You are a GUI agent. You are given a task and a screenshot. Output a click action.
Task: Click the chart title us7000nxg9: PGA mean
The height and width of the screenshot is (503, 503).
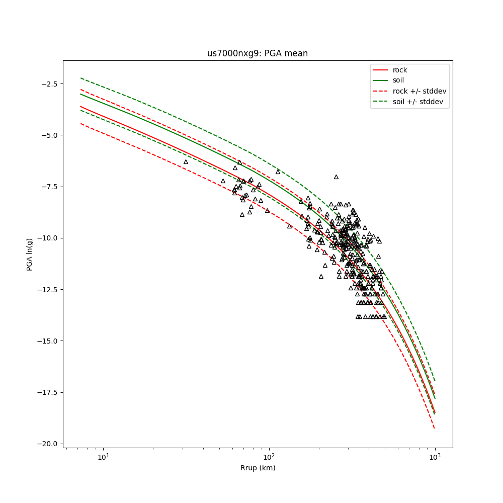pyautogui.click(x=258, y=53)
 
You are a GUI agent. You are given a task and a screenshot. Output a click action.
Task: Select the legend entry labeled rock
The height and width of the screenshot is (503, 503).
pyautogui.click(x=400, y=70)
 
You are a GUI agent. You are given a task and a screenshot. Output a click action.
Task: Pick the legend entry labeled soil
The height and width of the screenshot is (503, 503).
pyautogui.click(x=398, y=80)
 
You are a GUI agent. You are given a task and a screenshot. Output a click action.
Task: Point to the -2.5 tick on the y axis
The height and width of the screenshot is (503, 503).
pyautogui.click(x=50, y=83)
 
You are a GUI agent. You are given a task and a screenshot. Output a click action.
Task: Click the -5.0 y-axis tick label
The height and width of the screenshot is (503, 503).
pyautogui.click(x=50, y=135)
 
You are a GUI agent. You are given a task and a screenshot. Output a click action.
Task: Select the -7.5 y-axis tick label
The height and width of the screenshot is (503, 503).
pyautogui.click(x=50, y=187)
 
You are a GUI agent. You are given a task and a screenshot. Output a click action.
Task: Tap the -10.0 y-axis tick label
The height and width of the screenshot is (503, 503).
pyautogui.click(x=48, y=238)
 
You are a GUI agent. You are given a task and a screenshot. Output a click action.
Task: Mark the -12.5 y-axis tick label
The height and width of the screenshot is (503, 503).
pyautogui.click(x=48, y=289)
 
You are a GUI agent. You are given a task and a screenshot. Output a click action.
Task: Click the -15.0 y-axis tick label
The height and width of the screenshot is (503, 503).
pyautogui.click(x=48, y=341)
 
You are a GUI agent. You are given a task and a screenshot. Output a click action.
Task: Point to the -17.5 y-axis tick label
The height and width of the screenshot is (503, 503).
pyautogui.click(x=48, y=392)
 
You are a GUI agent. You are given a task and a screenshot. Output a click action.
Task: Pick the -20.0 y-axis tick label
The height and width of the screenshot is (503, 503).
pyautogui.click(x=48, y=444)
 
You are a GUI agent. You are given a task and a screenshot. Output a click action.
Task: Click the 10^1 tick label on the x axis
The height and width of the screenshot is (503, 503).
pyautogui.click(x=103, y=457)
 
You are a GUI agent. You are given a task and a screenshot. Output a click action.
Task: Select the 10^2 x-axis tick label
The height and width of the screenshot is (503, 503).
pyautogui.click(x=269, y=457)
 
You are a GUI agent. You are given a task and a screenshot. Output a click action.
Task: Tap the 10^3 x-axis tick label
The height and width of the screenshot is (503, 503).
pyautogui.click(x=435, y=457)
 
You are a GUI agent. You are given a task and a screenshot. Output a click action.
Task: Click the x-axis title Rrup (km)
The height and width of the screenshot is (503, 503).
pyautogui.click(x=258, y=468)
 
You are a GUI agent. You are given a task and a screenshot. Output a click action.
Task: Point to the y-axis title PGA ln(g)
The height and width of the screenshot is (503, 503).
pyautogui.click(x=30, y=254)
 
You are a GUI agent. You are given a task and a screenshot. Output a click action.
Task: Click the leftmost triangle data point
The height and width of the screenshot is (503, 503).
pyautogui.click(x=186, y=162)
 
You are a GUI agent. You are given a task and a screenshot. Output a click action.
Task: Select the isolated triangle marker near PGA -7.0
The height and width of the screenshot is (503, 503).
pyautogui.click(x=336, y=177)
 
